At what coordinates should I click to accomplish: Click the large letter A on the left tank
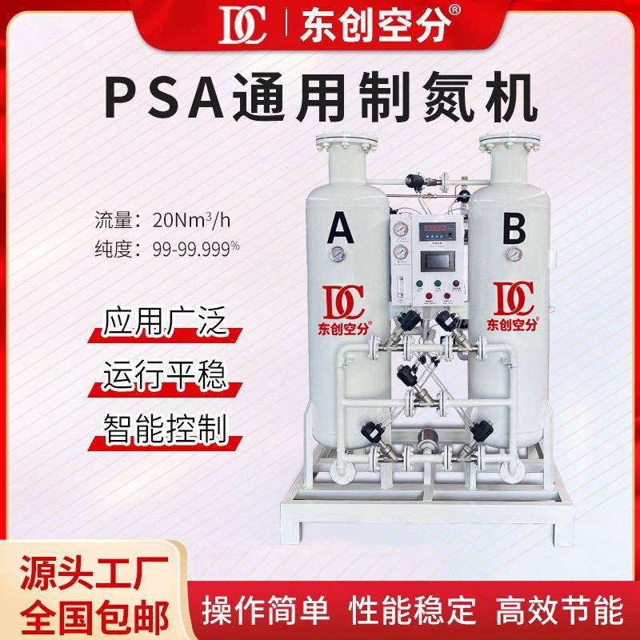click(341, 232)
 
